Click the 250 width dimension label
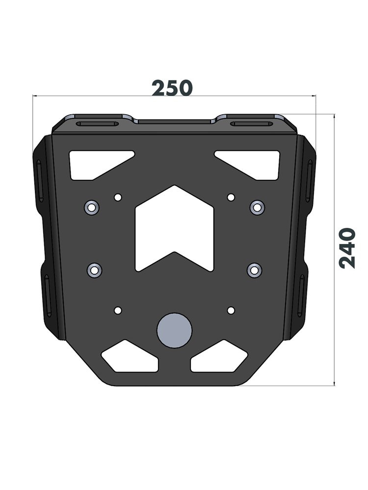click(x=172, y=88)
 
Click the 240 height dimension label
click(x=347, y=248)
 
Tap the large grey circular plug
click(x=174, y=330)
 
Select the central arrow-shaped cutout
click(x=174, y=228)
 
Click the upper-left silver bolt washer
click(x=92, y=207)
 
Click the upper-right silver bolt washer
click(x=257, y=207)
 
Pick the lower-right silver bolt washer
click(x=254, y=270)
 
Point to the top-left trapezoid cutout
click(x=98, y=165)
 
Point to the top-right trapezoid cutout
click(x=251, y=165)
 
